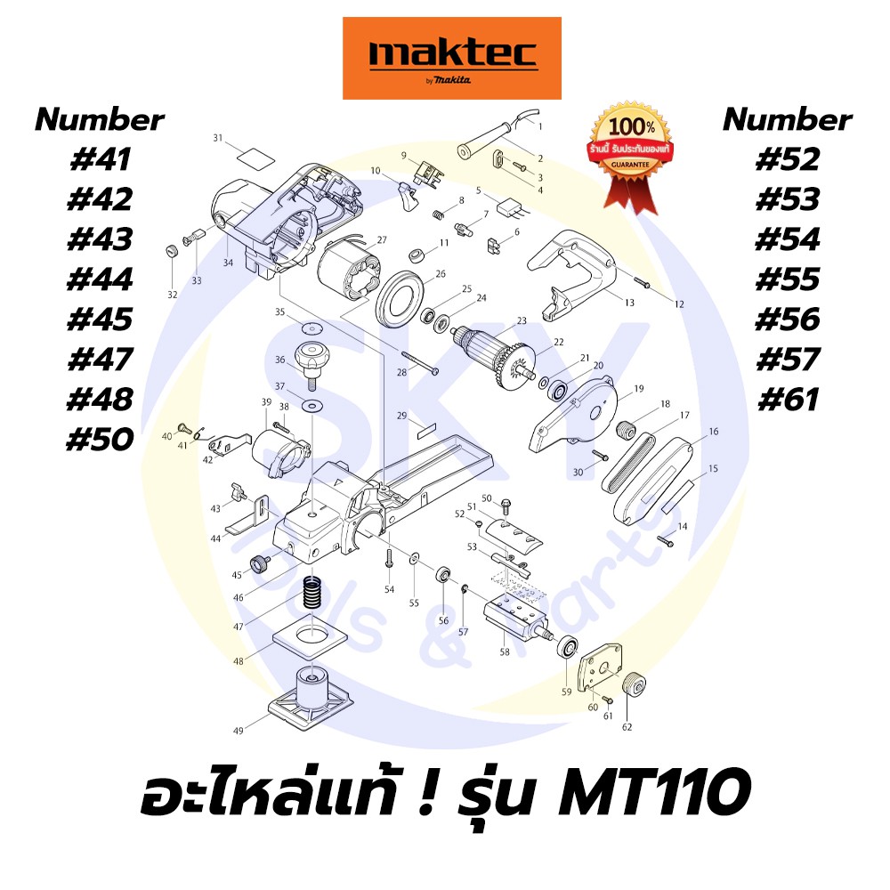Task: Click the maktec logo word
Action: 452,56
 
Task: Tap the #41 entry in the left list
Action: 99,160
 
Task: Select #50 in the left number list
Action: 99,440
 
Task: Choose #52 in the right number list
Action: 787,160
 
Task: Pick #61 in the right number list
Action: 787,400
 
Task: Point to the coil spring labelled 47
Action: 311,593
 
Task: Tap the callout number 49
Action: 239,731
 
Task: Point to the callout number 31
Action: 217,138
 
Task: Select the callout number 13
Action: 628,303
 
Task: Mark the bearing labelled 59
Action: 566,647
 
